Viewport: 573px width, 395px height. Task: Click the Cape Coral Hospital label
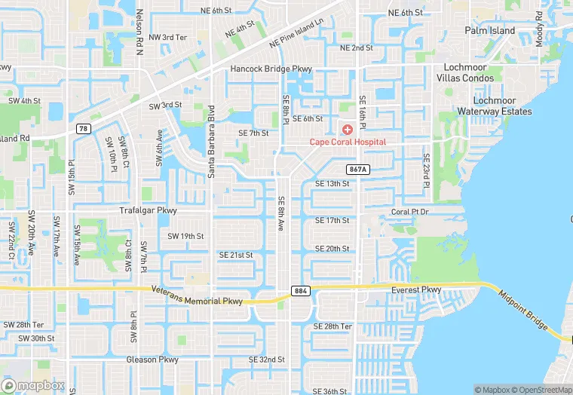coord(348,142)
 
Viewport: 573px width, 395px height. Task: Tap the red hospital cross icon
coord(348,130)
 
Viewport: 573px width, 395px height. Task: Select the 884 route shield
coord(300,291)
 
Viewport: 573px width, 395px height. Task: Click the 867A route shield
coord(357,170)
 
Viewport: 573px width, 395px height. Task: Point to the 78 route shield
coord(82,129)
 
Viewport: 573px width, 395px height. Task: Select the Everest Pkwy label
coord(415,289)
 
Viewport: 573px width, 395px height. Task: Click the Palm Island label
coord(489,31)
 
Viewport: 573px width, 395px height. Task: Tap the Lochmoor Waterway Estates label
coord(494,106)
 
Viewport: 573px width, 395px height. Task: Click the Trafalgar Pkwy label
coord(148,210)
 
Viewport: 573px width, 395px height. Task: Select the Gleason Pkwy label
coord(152,360)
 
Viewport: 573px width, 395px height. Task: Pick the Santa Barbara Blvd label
coord(211,141)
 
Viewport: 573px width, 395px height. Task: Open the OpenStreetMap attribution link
coord(541,389)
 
